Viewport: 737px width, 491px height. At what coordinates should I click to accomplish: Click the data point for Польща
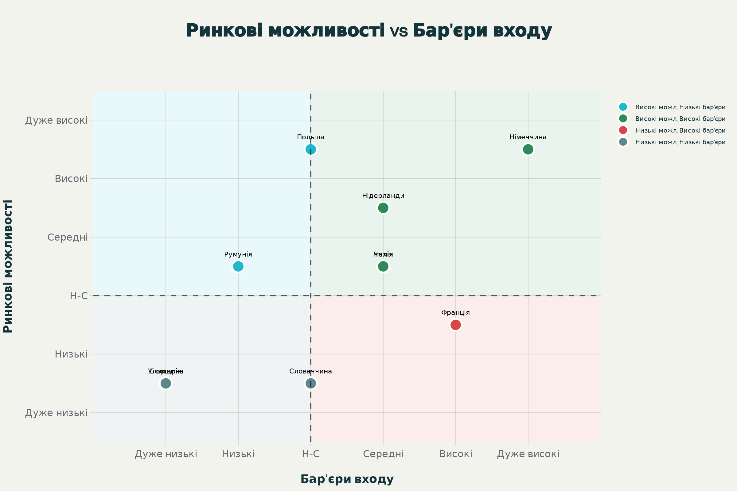(310, 149)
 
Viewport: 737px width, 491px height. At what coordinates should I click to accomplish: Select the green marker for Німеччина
(528, 149)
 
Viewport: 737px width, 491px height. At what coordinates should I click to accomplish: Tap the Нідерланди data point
(383, 208)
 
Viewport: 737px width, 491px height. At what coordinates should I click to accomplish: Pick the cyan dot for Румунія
(238, 266)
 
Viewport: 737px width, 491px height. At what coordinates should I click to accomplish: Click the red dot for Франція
(456, 325)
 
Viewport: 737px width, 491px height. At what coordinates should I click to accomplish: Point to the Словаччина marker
(310, 383)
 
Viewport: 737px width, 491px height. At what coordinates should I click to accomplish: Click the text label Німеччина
(528, 137)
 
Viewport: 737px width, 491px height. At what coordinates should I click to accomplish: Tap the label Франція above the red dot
(456, 312)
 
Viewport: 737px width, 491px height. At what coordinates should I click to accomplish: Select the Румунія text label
(238, 254)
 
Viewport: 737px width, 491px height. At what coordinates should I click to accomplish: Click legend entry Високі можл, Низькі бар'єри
(680, 107)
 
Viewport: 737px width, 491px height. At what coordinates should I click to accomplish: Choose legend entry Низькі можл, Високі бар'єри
(680, 130)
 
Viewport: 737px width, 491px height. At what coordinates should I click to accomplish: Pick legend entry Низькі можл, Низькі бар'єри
(680, 142)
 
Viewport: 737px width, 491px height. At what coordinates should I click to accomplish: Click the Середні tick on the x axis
(383, 454)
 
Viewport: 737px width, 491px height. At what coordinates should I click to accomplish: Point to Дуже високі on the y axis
(57, 120)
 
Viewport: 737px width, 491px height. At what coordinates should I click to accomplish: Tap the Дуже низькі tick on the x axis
(166, 454)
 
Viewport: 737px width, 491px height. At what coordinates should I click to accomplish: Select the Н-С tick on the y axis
(79, 296)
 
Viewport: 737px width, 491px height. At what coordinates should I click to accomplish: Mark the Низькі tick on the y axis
(71, 354)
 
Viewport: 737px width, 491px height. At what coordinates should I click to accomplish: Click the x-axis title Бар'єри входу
(347, 479)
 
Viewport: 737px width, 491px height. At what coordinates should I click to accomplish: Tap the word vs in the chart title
(399, 31)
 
